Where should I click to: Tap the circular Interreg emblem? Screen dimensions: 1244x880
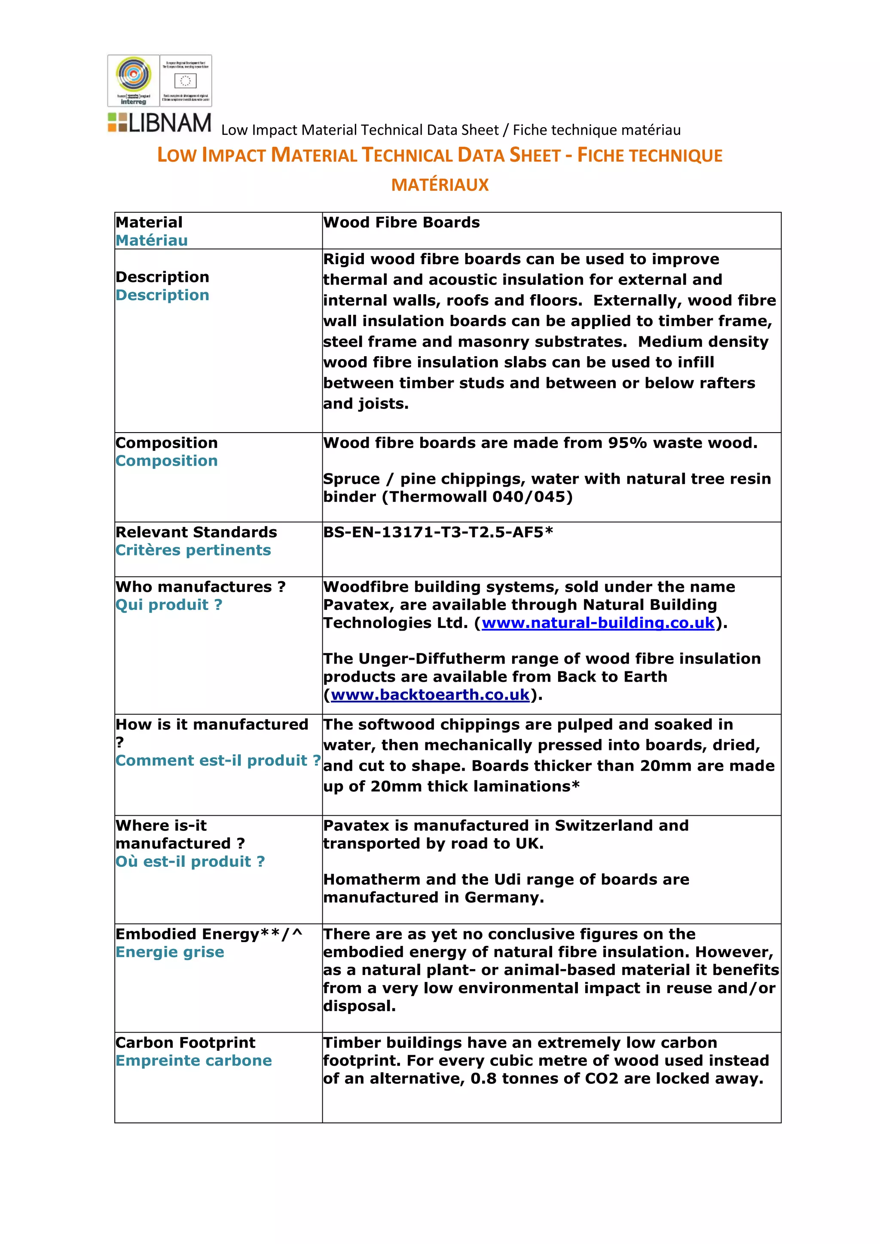tap(133, 75)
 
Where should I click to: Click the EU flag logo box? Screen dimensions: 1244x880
tap(185, 80)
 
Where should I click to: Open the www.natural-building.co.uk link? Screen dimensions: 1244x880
tap(598, 623)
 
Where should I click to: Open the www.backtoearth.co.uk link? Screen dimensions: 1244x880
tap(430, 695)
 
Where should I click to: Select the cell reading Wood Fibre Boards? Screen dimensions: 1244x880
tap(401, 223)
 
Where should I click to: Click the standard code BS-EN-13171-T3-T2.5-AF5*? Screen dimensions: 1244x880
tap(438, 533)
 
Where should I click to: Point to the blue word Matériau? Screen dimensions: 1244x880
tap(152, 241)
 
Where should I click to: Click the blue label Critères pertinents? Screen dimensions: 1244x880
tap(193, 551)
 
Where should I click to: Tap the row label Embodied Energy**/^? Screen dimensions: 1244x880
tap(209, 934)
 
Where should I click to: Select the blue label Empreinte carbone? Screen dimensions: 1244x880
tap(193, 1061)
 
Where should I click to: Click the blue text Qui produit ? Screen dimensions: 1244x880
tap(168, 605)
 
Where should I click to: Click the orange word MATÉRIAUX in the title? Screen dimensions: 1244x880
tap(440, 185)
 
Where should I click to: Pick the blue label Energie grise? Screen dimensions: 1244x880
tap(170, 952)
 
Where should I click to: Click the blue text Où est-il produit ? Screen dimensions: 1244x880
tap(189, 862)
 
